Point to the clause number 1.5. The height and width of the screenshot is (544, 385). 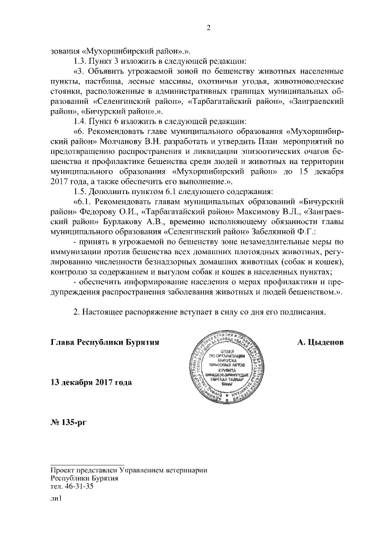(79, 191)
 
